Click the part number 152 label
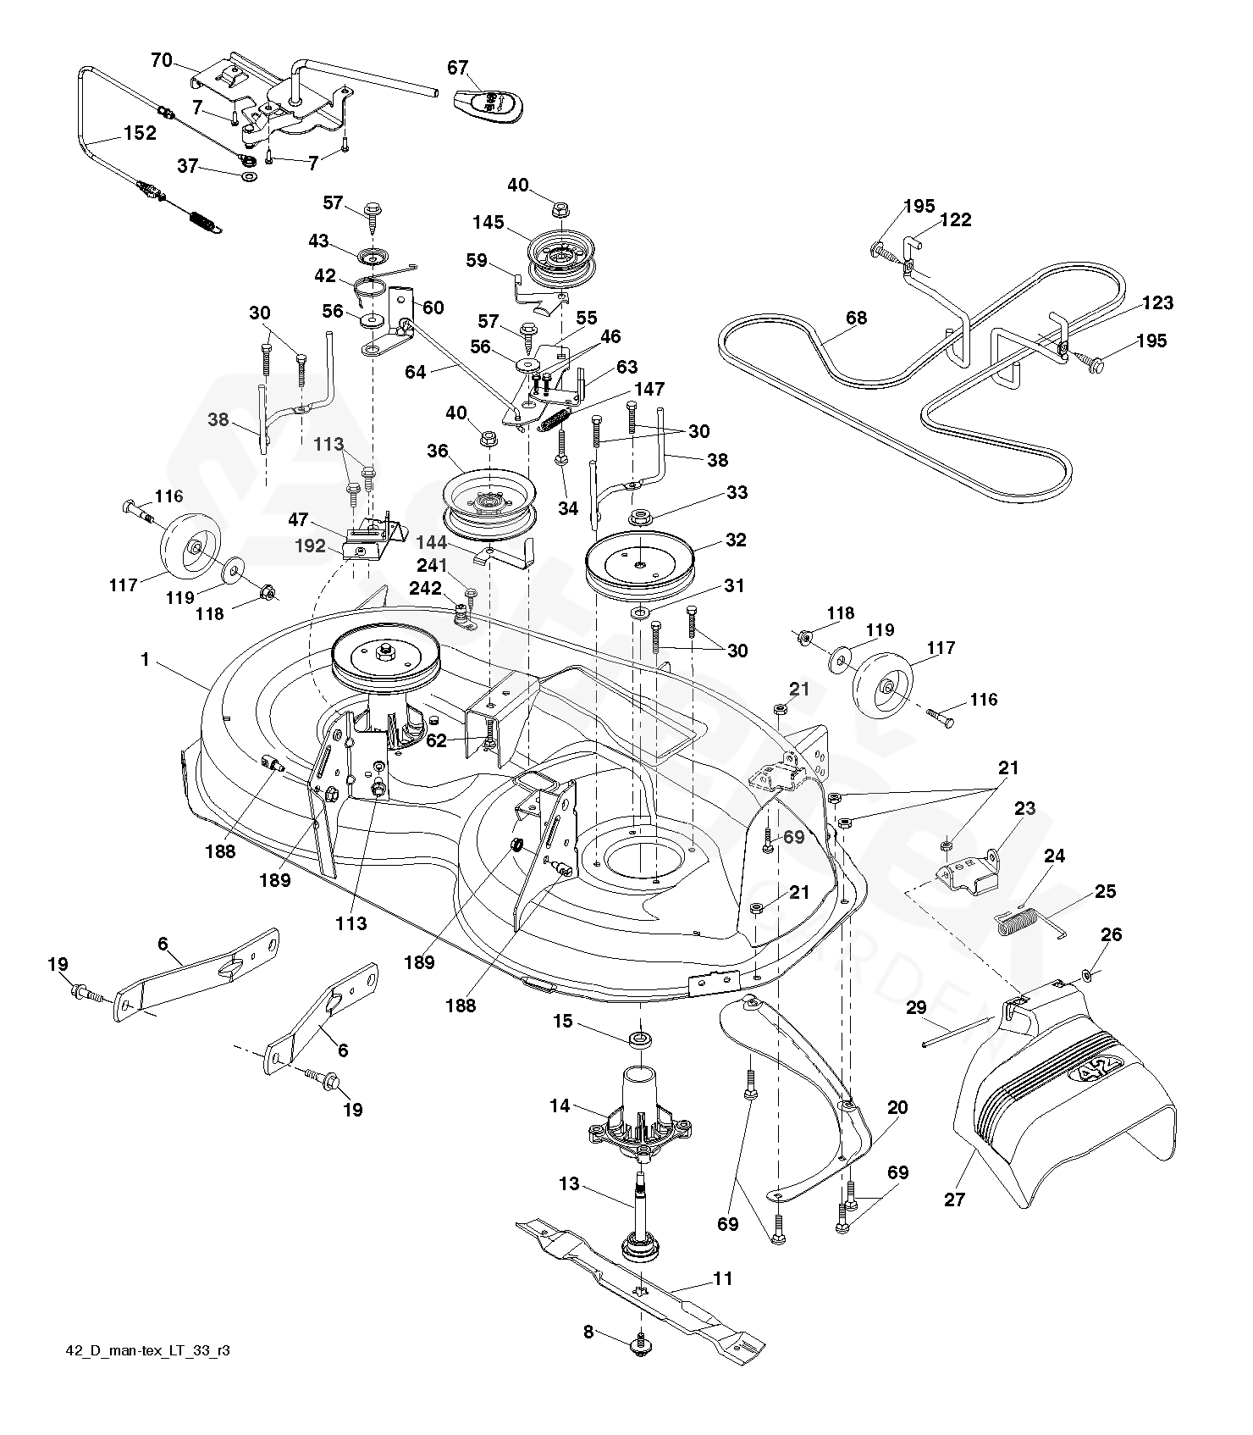pyautogui.click(x=140, y=133)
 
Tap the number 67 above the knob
pyautogui.click(x=458, y=68)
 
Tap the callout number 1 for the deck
pyautogui.click(x=145, y=659)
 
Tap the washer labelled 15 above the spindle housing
pyautogui.click(x=640, y=1038)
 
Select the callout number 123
pyautogui.click(x=1156, y=302)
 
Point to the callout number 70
pyautogui.click(x=161, y=60)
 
